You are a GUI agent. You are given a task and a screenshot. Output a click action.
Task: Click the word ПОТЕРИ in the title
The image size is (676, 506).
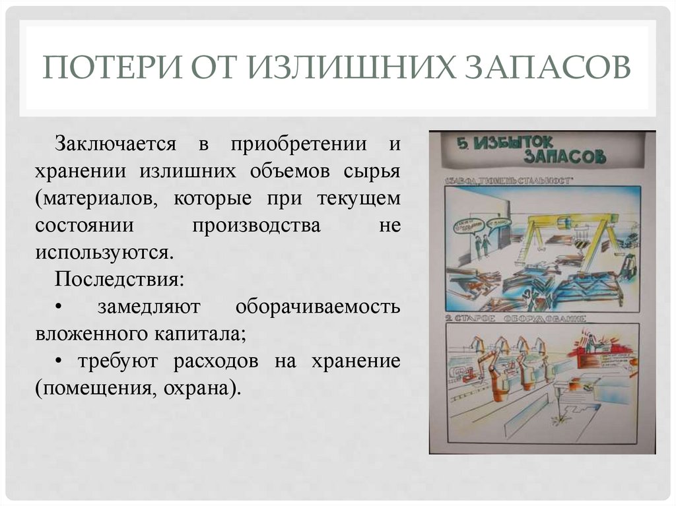[108, 69]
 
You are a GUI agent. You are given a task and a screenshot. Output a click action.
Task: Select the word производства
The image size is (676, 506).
[257, 225]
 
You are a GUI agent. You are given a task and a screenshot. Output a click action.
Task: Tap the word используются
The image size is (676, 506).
[104, 252]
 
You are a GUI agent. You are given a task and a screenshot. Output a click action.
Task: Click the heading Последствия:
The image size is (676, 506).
[119, 279]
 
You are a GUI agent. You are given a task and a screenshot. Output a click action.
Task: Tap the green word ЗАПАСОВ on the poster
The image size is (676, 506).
[564, 157]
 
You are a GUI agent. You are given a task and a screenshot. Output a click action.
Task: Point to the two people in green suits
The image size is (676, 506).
[480, 243]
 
